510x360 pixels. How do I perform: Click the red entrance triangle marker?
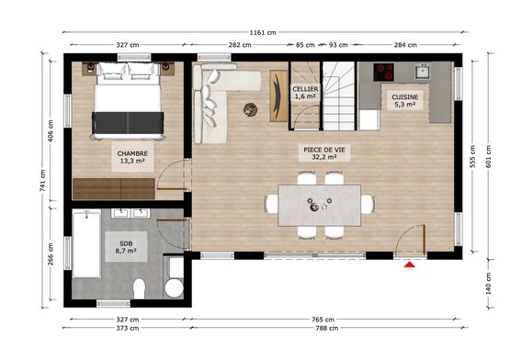pyautogui.click(x=410, y=264)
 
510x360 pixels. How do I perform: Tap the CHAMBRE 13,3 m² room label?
pyautogui.click(x=132, y=157)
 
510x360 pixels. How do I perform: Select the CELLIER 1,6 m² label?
pyautogui.click(x=305, y=93)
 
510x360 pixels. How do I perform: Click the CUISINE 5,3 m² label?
pyautogui.click(x=404, y=100)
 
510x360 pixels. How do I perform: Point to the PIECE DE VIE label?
pyautogui.click(x=324, y=150)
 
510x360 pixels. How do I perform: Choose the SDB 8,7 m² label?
pyautogui.click(x=126, y=247)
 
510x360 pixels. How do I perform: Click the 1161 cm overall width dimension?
pyautogui.click(x=263, y=32)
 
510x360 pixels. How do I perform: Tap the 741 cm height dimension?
pyautogui.click(x=42, y=181)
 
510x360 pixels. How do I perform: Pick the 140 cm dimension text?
pyautogui.click(x=489, y=284)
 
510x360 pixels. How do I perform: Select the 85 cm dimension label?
pyautogui.click(x=305, y=45)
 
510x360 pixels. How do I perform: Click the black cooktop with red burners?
pyautogui.click(x=383, y=72)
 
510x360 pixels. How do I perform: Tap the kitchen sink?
pyautogui.click(x=423, y=72)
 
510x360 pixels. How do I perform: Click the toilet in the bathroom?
pyautogui.click(x=139, y=288)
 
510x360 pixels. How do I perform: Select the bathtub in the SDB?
pyautogui.click(x=86, y=244)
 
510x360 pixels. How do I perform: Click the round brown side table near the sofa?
pyautogui.click(x=250, y=109)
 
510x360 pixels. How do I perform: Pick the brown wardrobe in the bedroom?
pyautogui.click(x=114, y=188)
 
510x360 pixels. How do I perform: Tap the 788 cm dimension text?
pyautogui.click(x=327, y=328)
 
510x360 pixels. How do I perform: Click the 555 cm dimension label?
pyautogui.click(x=473, y=156)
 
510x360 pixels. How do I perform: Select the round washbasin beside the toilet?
pyautogui.click(x=174, y=287)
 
